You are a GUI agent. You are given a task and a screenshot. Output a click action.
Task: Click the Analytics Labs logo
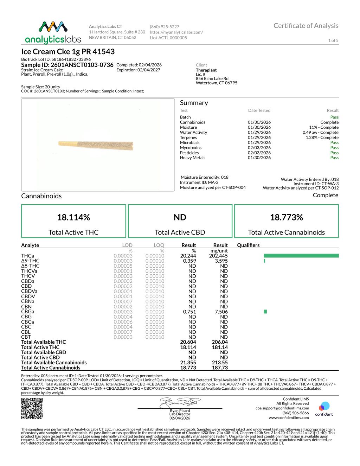coord(53,32)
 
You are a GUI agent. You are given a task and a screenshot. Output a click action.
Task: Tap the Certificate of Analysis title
coord(306,26)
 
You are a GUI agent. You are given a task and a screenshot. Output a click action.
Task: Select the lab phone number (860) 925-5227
coord(165,27)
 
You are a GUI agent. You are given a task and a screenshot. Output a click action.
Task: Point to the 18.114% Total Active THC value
coord(73,217)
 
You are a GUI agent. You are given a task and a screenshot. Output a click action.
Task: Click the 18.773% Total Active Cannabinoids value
coord(286,217)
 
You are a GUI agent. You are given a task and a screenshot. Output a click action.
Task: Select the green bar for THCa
coord(301,256)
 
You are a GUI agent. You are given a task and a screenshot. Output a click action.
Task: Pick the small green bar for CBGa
coord(265,312)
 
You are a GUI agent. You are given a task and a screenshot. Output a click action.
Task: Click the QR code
coord(32,408)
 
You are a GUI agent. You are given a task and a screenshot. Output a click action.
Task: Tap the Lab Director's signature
coord(180,402)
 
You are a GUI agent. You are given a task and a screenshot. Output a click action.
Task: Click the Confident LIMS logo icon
coord(324,407)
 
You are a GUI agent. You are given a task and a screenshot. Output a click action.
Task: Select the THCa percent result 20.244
coord(188,256)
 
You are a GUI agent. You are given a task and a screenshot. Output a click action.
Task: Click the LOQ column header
coord(159,245)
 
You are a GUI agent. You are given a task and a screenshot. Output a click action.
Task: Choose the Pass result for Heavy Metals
coord(334,158)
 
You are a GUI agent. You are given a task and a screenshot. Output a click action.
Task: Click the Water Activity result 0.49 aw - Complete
coord(320,133)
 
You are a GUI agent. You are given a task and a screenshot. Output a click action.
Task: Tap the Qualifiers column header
coord(248,245)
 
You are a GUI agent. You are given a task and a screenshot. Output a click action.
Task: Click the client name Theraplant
coord(206,70)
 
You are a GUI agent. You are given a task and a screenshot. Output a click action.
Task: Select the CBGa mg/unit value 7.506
coord(221,312)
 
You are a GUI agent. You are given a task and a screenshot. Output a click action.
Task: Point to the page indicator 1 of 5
coord(333,40)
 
